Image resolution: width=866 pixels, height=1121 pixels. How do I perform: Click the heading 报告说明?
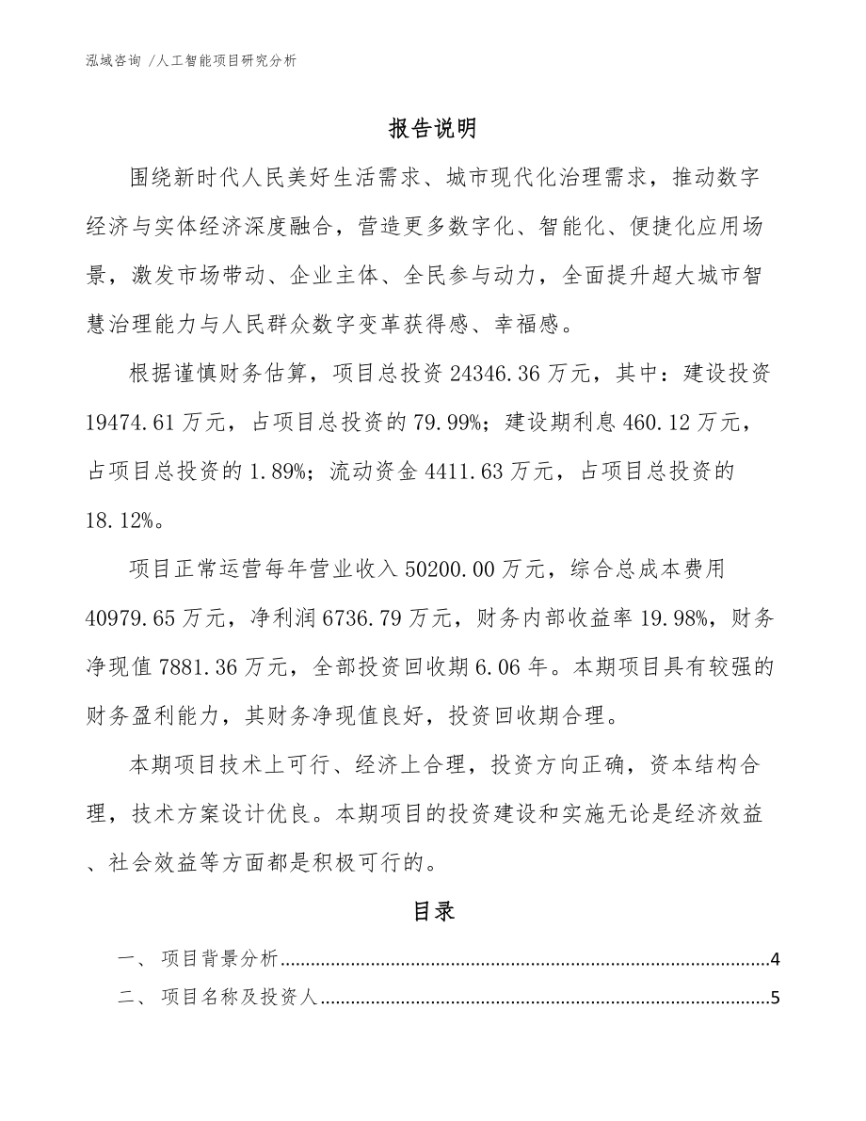click(433, 128)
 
